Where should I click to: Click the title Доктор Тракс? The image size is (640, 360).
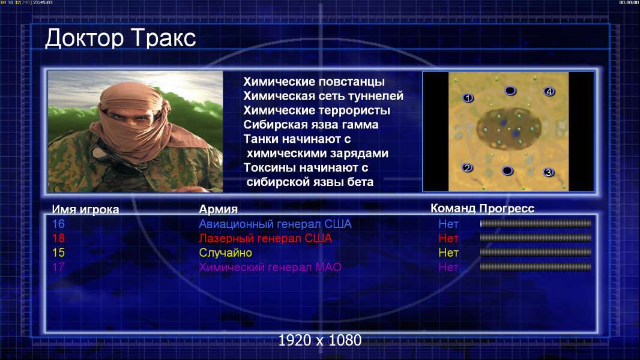click(x=121, y=39)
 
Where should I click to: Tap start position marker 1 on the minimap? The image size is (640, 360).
click(x=468, y=98)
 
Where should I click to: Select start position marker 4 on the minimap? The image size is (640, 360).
click(x=549, y=91)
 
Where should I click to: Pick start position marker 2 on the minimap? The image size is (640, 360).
click(x=467, y=167)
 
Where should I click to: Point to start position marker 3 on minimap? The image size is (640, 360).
click(x=548, y=172)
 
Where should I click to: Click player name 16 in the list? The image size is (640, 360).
click(x=58, y=224)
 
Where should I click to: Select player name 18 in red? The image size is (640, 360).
click(x=58, y=238)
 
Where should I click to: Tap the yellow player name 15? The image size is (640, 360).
click(x=58, y=253)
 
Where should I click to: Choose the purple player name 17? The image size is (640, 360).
click(x=58, y=268)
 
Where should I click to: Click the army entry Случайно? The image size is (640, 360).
click(x=225, y=253)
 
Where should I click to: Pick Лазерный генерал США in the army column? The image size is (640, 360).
click(x=265, y=238)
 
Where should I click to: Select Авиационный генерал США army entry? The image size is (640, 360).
click(x=275, y=224)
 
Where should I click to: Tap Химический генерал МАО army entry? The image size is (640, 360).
click(x=270, y=268)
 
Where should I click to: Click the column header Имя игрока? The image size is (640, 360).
click(x=85, y=209)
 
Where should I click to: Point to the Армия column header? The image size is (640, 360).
click(x=218, y=209)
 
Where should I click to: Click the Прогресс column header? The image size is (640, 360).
click(x=507, y=208)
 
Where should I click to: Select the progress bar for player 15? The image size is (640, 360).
click(x=536, y=253)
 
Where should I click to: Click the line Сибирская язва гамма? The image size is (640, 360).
click(x=310, y=125)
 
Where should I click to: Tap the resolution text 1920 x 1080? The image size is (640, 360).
click(x=319, y=340)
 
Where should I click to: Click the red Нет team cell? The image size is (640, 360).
click(x=448, y=238)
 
